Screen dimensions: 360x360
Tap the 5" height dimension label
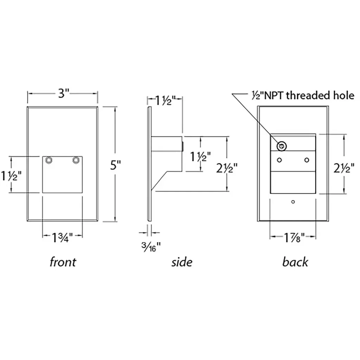click(x=115, y=165)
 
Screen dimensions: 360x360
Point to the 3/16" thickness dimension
click(x=151, y=247)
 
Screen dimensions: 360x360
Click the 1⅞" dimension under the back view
click(x=294, y=237)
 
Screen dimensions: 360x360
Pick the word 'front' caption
click(x=63, y=262)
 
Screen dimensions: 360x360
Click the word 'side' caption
click(x=182, y=262)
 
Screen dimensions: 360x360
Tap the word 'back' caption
click(x=295, y=262)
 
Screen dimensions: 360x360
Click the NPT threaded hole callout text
click(x=303, y=95)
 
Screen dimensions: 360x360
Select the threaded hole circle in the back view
click(x=282, y=146)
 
